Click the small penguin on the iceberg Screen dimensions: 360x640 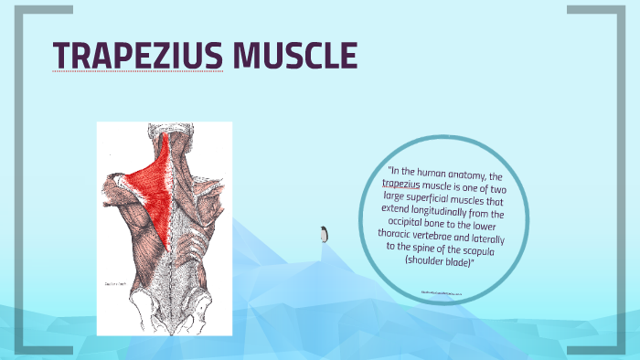[323, 234]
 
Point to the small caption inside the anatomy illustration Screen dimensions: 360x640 [116, 283]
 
